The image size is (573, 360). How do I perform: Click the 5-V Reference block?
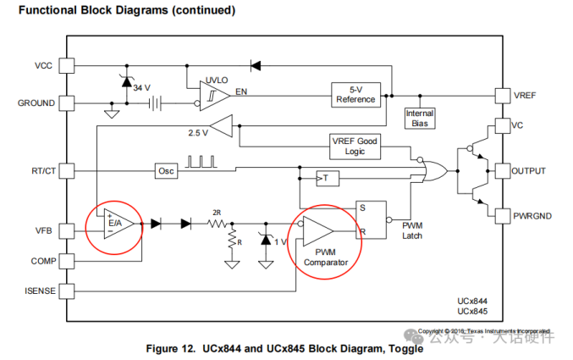click(x=355, y=93)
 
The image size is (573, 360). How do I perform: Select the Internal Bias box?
click(x=420, y=118)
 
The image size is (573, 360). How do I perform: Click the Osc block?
click(x=166, y=171)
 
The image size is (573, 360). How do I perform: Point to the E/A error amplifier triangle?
click(x=115, y=224)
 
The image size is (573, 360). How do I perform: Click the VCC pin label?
click(x=43, y=65)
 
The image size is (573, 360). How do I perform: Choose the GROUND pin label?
click(x=36, y=103)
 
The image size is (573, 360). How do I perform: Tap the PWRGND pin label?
click(x=532, y=216)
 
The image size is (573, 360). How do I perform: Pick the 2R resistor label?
click(x=217, y=212)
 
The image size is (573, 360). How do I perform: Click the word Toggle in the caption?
click(x=395, y=349)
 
